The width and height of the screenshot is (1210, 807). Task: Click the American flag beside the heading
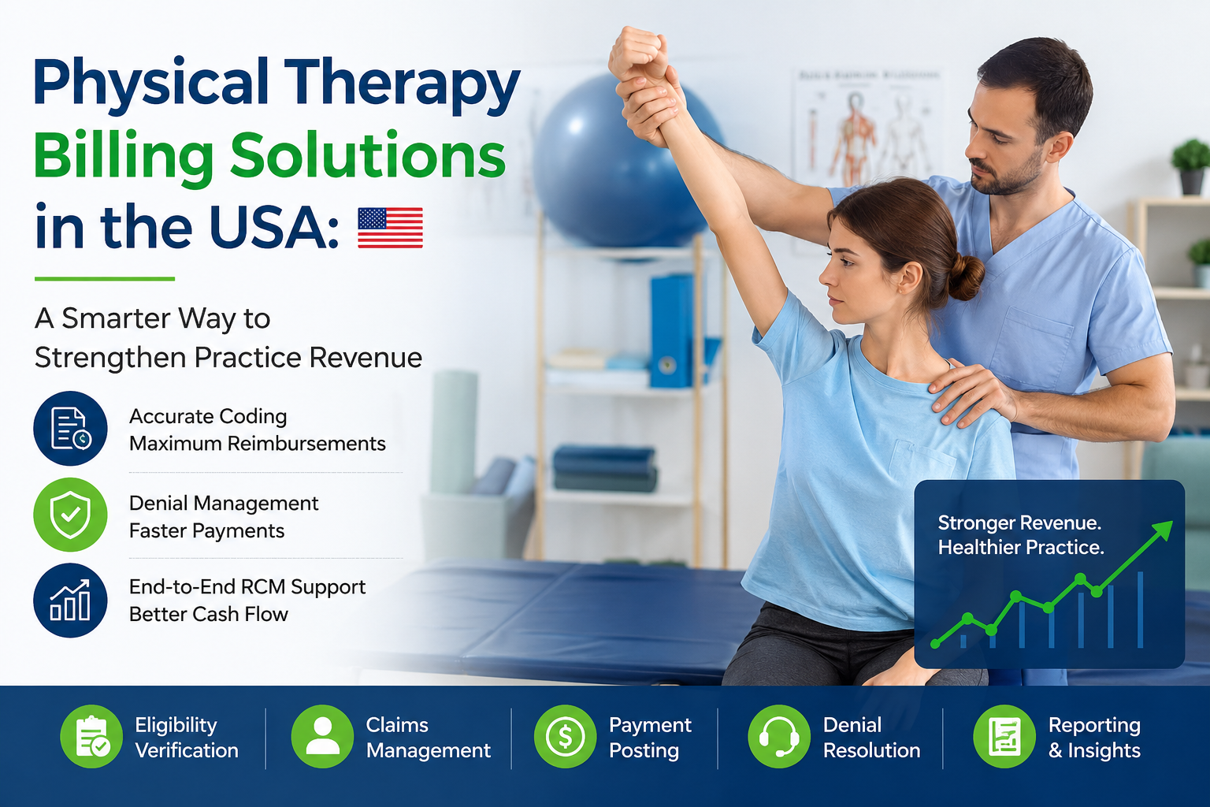(390, 228)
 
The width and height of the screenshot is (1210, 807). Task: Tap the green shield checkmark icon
(70, 515)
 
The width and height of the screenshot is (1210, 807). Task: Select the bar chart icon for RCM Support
(70, 601)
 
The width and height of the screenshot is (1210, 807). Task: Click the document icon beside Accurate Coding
(70, 429)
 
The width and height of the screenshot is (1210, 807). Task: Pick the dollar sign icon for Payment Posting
(565, 736)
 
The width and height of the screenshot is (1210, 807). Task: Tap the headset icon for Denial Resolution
(779, 736)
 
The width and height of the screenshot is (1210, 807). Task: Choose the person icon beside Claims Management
(322, 736)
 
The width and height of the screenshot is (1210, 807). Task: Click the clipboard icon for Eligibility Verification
(91, 736)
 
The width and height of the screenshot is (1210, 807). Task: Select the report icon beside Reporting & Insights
(1004, 736)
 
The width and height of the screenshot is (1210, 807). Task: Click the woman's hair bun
(965, 277)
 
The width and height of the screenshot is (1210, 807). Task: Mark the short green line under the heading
(105, 279)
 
